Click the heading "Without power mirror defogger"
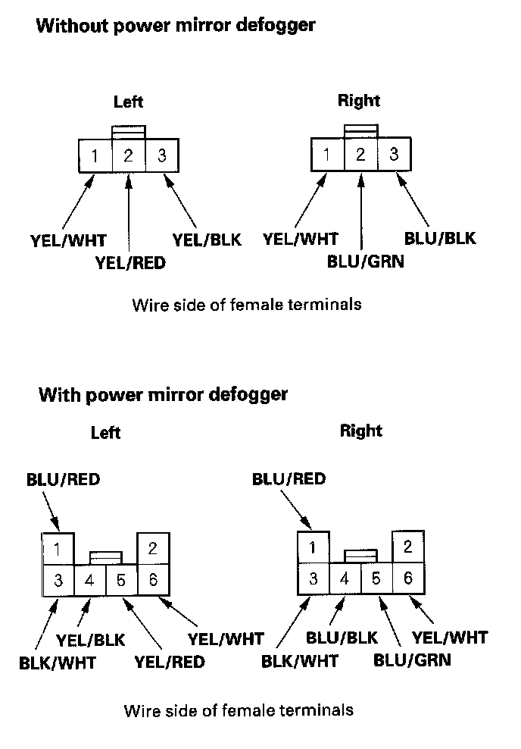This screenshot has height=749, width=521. (176, 26)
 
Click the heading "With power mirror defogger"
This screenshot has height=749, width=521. (163, 394)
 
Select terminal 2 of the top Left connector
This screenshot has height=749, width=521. (128, 157)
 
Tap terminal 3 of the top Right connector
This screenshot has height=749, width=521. (394, 155)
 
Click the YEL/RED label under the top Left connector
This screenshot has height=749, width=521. (130, 263)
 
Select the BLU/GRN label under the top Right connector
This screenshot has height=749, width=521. (366, 262)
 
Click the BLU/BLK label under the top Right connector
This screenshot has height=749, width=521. (440, 237)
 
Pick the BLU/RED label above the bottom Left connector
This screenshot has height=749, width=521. (63, 479)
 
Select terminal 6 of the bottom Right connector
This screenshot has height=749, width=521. (408, 578)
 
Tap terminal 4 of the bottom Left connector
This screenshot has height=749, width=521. (89, 581)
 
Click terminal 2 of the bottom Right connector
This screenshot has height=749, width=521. (408, 546)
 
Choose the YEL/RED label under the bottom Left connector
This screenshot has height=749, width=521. (170, 662)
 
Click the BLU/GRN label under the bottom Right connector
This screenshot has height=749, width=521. (412, 658)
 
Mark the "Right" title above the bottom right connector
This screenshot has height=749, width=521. (361, 431)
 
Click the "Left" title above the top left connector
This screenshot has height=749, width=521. (128, 102)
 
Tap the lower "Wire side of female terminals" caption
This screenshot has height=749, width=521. (238, 711)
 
